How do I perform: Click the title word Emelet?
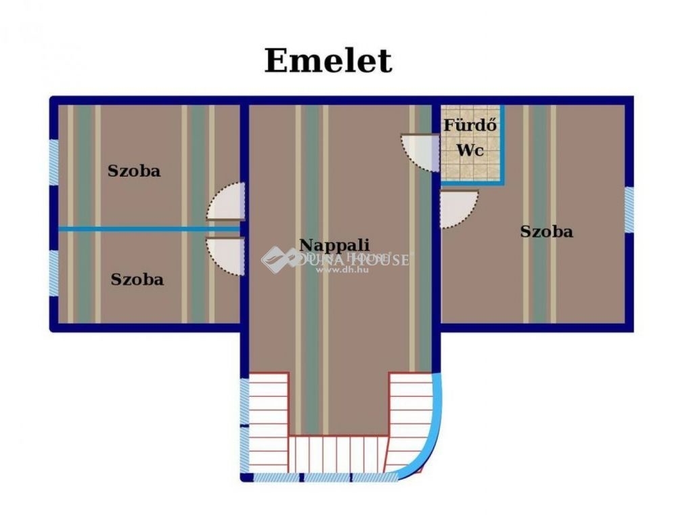[x=328, y=61]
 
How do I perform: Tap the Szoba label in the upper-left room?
[x=134, y=171]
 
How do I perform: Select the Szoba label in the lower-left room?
[x=137, y=279]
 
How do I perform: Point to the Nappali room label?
[x=334, y=245]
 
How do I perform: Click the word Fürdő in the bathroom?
[x=470, y=126]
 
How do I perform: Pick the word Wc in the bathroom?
[x=470, y=150]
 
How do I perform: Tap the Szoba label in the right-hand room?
[x=546, y=232]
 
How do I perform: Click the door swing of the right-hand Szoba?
[x=457, y=208]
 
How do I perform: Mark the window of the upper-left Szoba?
[x=53, y=162]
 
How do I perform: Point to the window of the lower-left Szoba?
[x=53, y=272]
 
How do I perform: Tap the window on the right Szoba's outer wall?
[x=629, y=209]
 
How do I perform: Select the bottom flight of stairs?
[x=337, y=454]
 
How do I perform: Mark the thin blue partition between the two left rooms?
[x=149, y=229]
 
